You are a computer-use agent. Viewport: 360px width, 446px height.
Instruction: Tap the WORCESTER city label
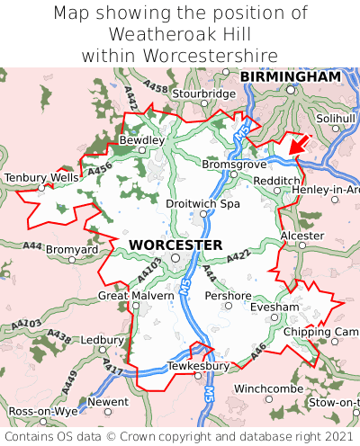tap(175, 245)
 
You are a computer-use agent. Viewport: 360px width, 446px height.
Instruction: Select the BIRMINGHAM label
tap(291, 77)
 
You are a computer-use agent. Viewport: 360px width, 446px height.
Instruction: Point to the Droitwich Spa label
tap(203, 204)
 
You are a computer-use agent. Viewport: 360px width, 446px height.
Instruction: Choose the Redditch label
tap(277, 181)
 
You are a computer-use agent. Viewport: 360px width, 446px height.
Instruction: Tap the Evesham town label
tap(274, 308)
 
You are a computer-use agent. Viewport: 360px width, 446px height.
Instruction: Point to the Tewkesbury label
tap(199, 366)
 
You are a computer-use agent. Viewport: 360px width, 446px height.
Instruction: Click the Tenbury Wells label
tap(41, 178)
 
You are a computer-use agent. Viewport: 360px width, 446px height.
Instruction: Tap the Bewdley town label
tap(142, 140)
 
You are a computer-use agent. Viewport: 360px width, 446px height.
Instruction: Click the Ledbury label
tap(102, 340)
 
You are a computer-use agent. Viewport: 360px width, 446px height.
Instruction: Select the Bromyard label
tap(72, 248)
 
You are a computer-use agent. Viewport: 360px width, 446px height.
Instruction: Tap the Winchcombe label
tap(268, 388)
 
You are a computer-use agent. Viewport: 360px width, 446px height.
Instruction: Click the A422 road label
tap(238, 258)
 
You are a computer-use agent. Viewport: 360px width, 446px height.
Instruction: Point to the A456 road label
tap(100, 166)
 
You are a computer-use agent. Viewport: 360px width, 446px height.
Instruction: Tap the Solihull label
tap(336, 118)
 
